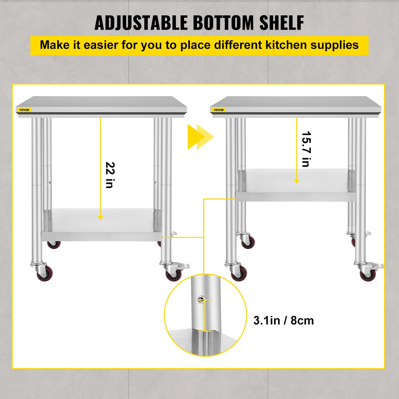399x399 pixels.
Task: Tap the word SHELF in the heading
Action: pos(282,23)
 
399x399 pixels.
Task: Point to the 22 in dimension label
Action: pos(110,175)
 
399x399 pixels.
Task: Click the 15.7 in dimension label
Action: pos(306,149)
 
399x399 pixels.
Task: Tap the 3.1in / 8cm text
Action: pos(283,320)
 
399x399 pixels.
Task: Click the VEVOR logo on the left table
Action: pos(24,110)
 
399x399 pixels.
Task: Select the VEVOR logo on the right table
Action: pos(219,110)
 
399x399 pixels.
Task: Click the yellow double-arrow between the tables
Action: pos(200,137)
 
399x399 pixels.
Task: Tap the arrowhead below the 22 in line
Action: pos(101,218)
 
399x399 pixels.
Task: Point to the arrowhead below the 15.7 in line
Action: pos(297,181)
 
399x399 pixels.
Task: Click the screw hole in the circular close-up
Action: pos(200,299)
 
